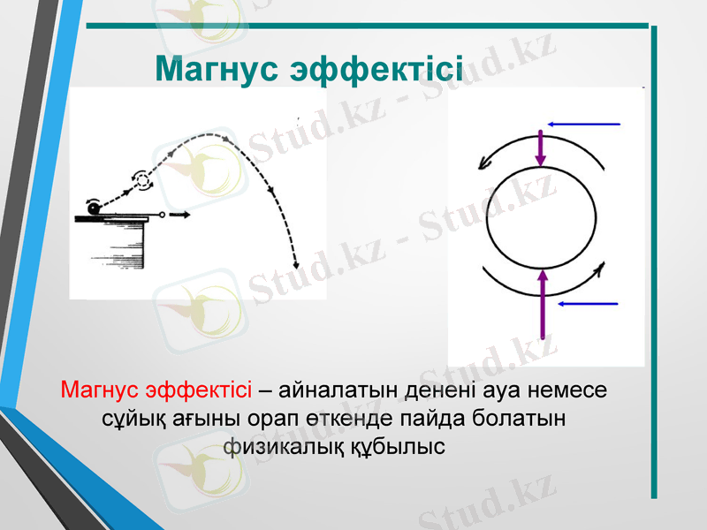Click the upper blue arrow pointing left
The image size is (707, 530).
(x=584, y=124)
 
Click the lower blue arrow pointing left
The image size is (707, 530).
(x=589, y=303)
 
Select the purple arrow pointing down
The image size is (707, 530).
(x=541, y=147)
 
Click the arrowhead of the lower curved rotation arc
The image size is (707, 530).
(x=602, y=268)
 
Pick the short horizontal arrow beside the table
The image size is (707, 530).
(x=179, y=214)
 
